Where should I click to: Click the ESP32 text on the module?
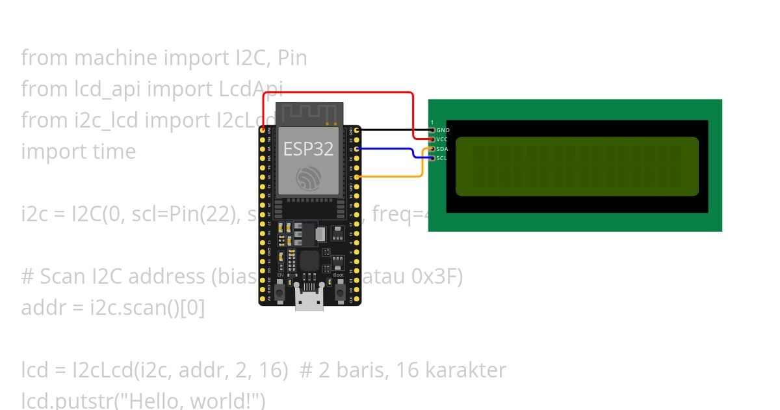pos(308,149)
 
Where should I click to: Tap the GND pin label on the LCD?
pos(443,130)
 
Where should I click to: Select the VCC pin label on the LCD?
pos(442,139)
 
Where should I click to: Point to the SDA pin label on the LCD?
pos(442,149)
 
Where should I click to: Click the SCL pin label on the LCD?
pos(441,158)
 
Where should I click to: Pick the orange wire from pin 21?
pos(390,176)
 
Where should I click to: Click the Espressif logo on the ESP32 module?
pos(308,178)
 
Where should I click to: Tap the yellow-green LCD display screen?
pos(577,166)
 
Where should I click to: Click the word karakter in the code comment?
pos(465,370)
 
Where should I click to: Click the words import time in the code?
pos(79,152)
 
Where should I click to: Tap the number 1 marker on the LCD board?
pos(432,122)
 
